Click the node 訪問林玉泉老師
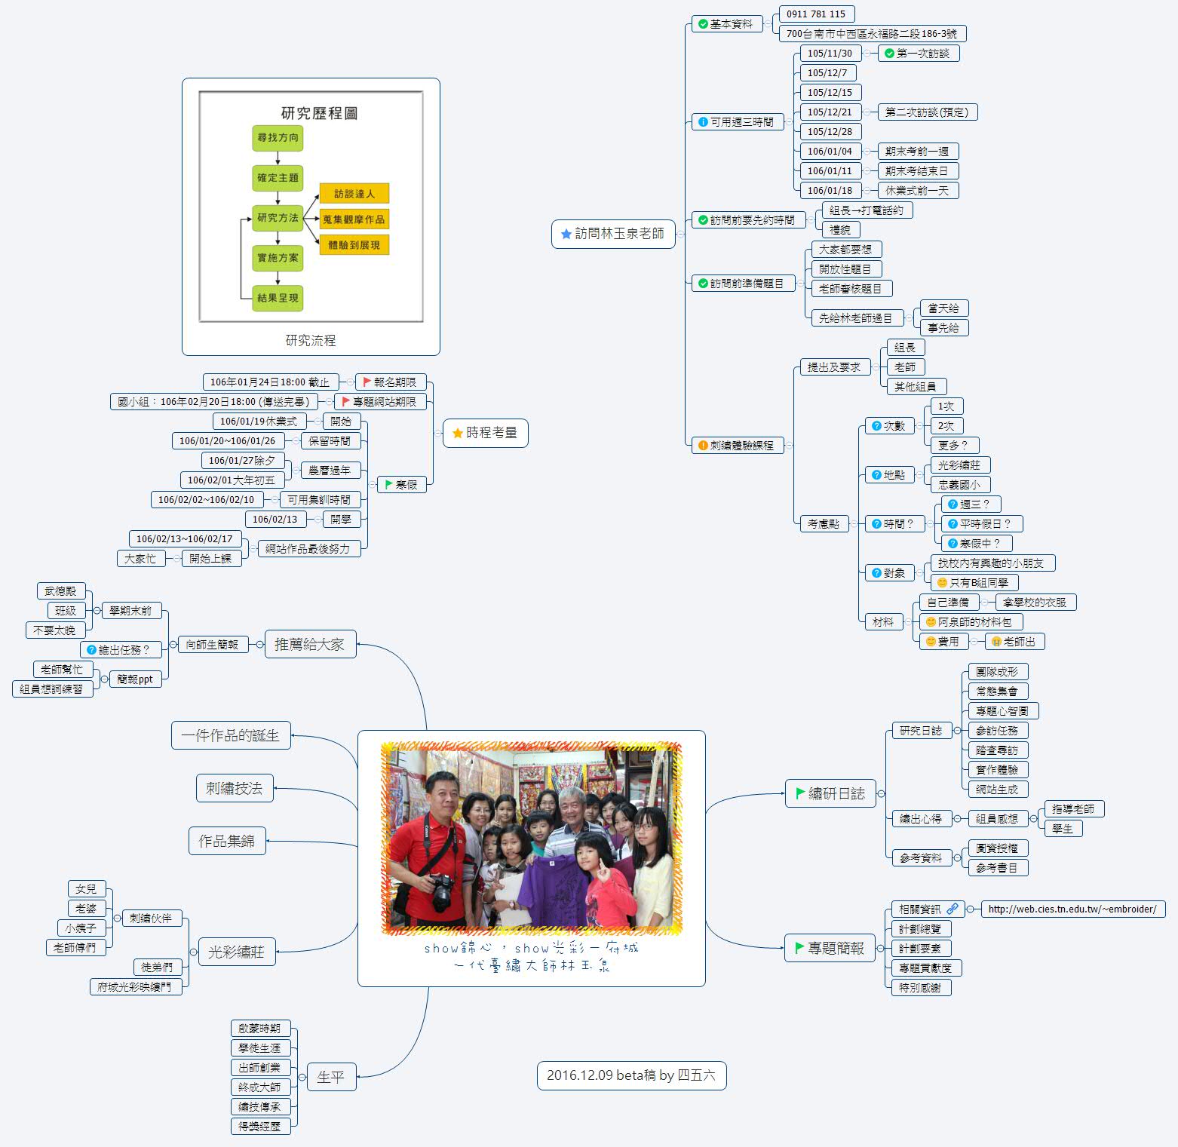pos(613,234)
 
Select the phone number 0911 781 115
pos(816,14)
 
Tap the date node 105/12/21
pos(830,112)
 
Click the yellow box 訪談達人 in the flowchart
pos(354,194)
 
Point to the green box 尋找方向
pos(278,138)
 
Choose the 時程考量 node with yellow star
pos(485,433)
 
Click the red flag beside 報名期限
pos(367,382)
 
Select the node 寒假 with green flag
pos(401,484)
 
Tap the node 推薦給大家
pos(310,645)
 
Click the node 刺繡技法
pos(235,788)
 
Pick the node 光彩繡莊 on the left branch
pos(237,952)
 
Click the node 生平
pos(331,1077)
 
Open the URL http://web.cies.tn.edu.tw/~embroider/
pos(1072,909)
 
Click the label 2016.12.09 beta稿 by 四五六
pos(631,1075)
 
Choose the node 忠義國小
pos(959,485)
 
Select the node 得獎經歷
pos(260,1127)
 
